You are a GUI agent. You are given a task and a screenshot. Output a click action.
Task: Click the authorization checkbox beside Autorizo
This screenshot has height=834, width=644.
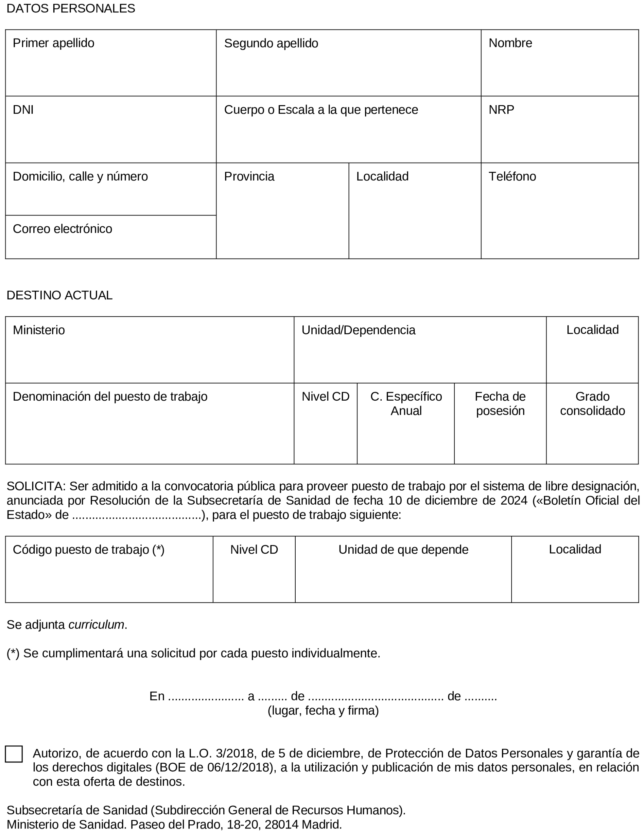[x=14, y=754]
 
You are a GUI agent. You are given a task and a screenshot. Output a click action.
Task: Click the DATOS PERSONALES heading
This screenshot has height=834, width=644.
[x=71, y=8]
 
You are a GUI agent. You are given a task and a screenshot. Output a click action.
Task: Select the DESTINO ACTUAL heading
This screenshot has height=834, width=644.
[x=60, y=295]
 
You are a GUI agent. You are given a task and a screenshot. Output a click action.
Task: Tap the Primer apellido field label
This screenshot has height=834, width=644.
[x=53, y=43]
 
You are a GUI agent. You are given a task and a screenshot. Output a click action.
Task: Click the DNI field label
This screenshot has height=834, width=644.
[x=23, y=110]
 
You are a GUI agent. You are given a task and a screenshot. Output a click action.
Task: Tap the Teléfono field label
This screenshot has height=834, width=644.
[x=512, y=176]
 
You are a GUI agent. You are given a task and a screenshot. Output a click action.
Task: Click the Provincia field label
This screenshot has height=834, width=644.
[x=249, y=176]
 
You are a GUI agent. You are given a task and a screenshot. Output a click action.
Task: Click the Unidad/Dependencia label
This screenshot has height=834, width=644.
[x=358, y=330]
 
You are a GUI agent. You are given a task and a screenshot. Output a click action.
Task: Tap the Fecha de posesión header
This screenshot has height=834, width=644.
[x=500, y=404]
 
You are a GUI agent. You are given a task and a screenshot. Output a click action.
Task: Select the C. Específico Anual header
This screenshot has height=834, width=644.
[x=406, y=404]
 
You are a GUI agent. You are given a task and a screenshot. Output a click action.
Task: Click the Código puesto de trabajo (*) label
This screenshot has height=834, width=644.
[x=88, y=549]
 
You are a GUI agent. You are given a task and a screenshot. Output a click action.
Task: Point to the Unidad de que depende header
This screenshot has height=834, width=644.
[x=403, y=549]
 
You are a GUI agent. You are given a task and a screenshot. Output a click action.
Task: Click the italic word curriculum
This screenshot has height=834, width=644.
[x=96, y=625]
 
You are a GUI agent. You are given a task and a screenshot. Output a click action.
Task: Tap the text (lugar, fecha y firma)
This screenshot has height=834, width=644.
[x=323, y=710]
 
